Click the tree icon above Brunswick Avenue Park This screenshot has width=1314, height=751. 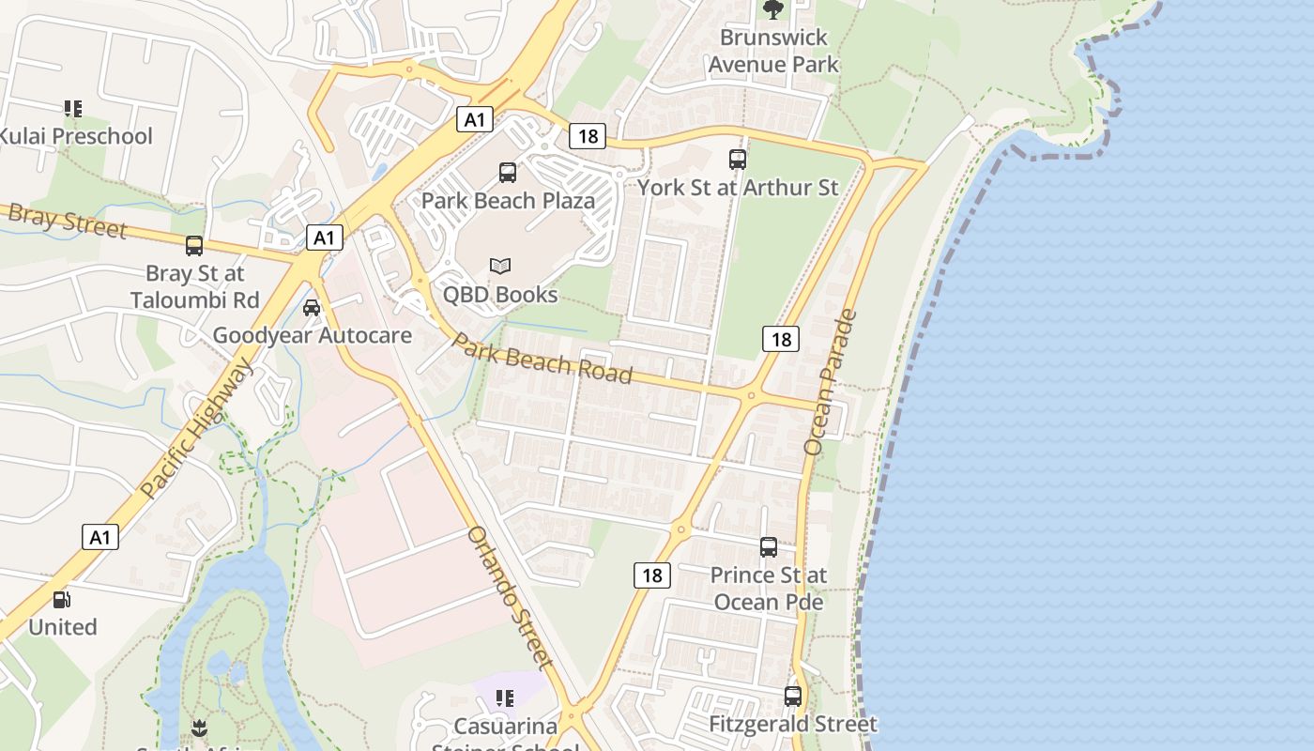pos(773,9)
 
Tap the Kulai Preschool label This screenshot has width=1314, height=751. pos(75,136)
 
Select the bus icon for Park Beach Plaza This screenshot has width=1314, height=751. pos(508,172)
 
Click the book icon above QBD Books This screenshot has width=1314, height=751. pos(500,267)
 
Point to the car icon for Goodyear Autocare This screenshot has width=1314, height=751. pos(312,307)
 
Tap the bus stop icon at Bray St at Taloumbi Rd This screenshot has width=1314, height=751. pos(194,246)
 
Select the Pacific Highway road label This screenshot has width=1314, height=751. pos(197,428)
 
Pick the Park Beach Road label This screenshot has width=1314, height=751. pos(542,357)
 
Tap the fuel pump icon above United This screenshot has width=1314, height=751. pos(62,599)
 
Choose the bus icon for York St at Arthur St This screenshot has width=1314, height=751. pos(738,160)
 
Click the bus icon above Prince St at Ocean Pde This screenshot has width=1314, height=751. pos(769,546)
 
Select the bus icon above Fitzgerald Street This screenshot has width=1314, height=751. pos(793,697)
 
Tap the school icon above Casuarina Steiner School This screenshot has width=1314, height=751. pos(505,698)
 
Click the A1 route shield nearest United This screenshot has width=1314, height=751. pos(100,538)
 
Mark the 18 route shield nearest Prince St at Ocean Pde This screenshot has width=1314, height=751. pos(652,575)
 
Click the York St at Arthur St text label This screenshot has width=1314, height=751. pos(738,187)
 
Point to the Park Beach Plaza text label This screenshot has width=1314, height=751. pos(508,200)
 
